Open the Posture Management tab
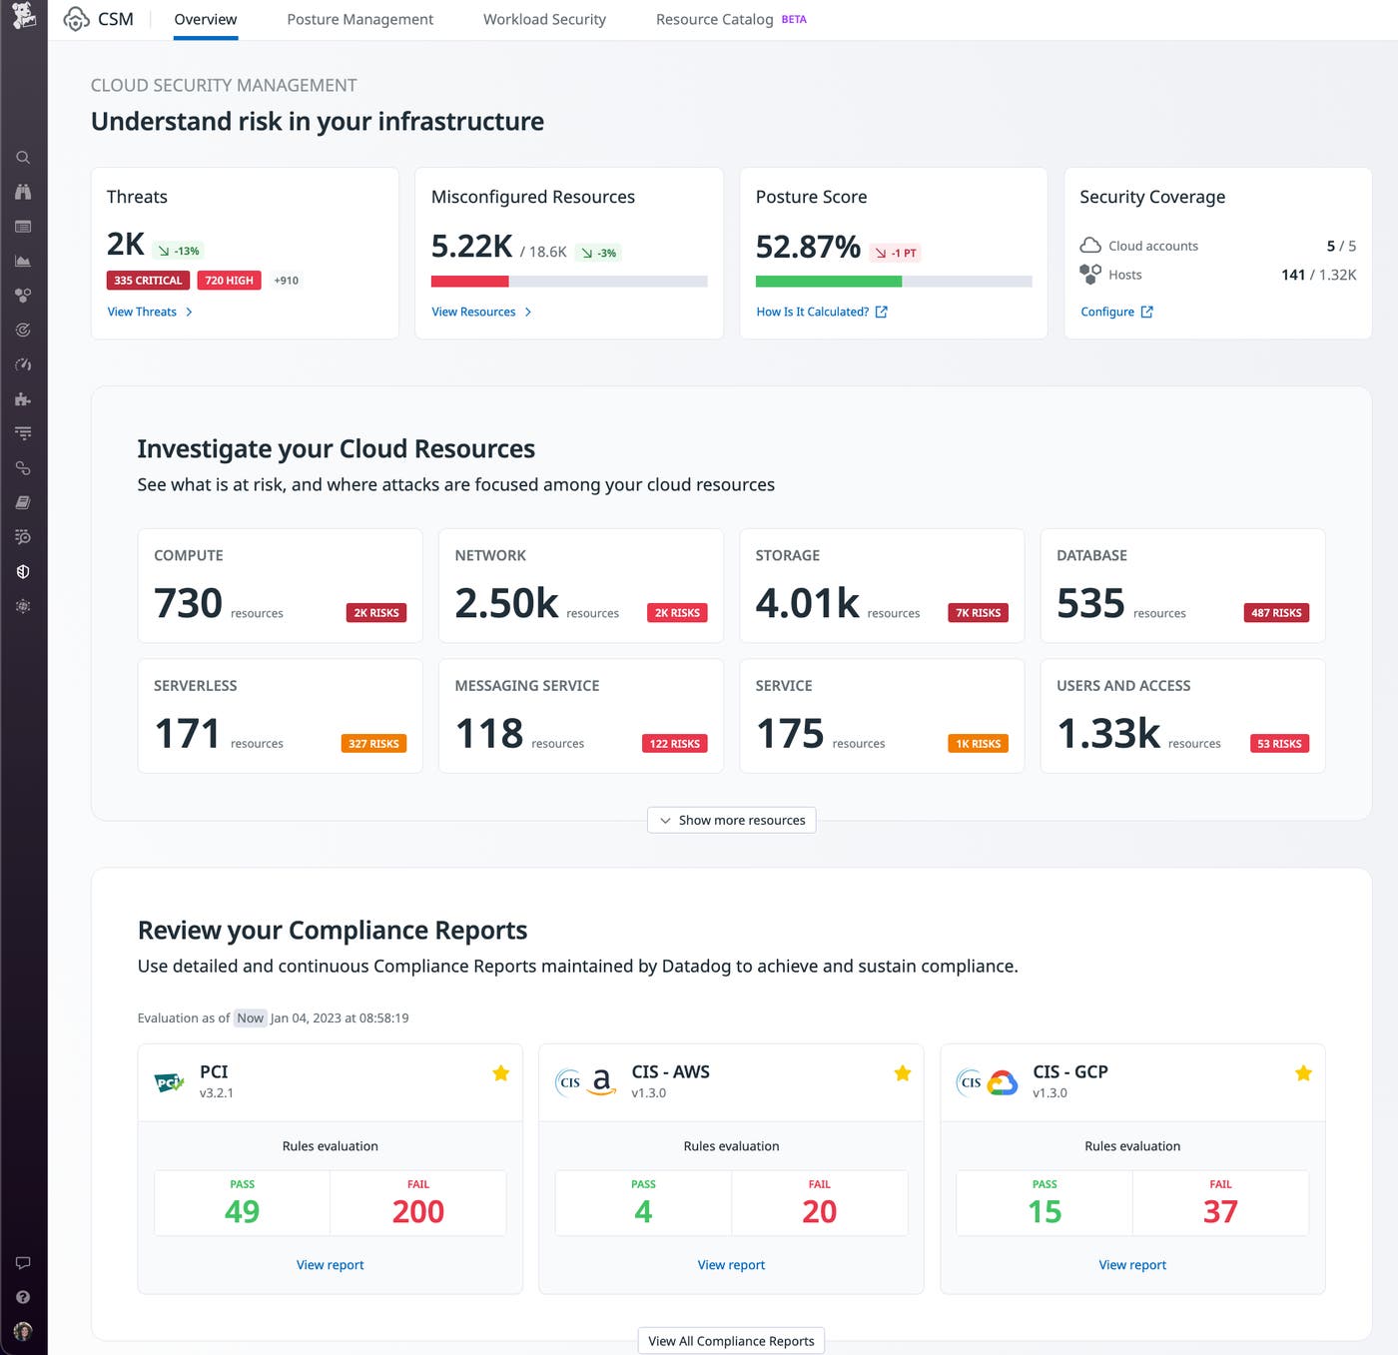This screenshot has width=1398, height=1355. (x=359, y=19)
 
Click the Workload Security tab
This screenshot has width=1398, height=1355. (x=544, y=19)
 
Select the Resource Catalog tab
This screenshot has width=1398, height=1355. (x=715, y=19)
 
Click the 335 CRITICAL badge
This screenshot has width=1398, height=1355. (x=148, y=281)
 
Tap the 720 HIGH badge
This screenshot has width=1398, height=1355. (x=229, y=281)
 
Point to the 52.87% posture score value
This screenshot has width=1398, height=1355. (x=807, y=246)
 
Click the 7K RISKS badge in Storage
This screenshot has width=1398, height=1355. (x=978, y=613)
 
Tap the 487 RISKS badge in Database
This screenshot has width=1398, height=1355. (x=1276, y=613)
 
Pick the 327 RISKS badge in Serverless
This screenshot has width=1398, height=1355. (x=373, y=744)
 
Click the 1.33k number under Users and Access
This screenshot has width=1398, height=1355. (x=1108, y=734)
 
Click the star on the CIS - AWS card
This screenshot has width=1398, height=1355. (x=903, y=1073)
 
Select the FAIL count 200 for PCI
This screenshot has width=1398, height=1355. (x=417, y=1211)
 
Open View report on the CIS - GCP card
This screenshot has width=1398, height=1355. (x=1132, y=1265)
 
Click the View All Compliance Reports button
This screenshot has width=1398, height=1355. (x=731, y=1341)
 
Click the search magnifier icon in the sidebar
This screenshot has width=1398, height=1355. (x=23, y=158)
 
